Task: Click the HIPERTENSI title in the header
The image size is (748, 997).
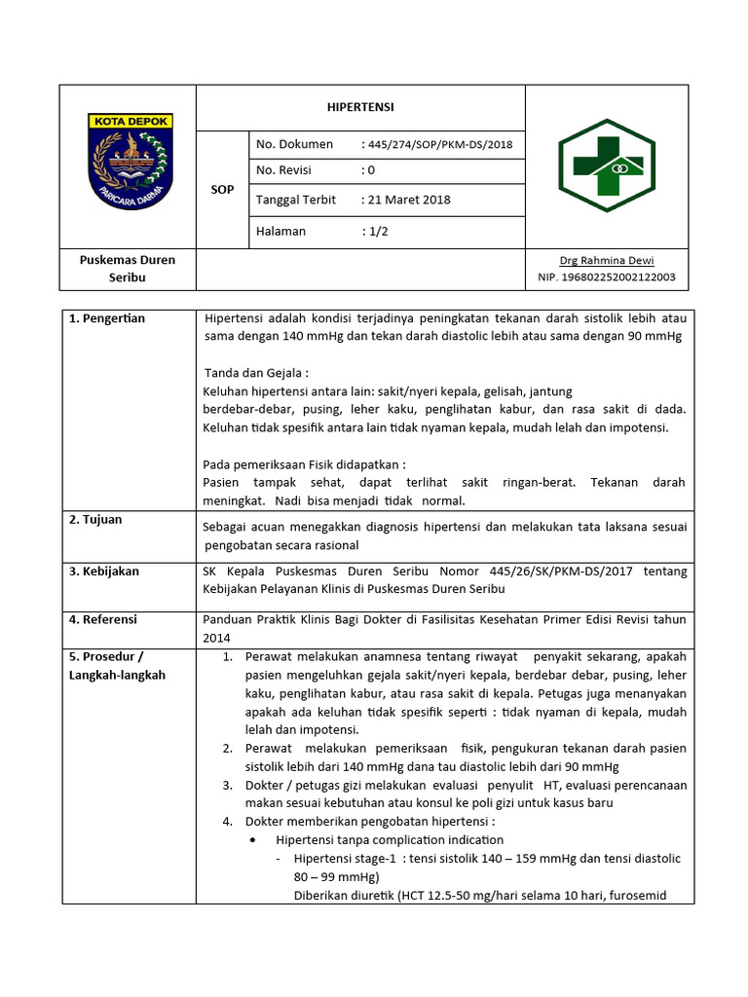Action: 359,107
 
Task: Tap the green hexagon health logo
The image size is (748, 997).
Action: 606,166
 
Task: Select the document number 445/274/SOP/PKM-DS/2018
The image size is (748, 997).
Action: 436,145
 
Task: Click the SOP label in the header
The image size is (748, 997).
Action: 222,190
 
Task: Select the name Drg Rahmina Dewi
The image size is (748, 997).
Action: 606,260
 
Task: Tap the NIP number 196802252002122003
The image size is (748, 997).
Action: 606,277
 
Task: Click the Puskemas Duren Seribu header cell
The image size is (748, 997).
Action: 128,269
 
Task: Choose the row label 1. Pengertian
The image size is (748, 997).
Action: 107,318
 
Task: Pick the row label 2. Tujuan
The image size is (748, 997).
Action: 95,520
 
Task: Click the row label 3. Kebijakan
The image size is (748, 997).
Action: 103,572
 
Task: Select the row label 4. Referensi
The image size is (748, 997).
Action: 103,619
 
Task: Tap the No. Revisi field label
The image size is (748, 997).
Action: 283,170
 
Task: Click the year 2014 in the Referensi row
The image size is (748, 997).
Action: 216,638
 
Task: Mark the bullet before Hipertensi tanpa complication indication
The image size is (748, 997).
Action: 253,839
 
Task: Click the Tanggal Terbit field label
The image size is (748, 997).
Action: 295,200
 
